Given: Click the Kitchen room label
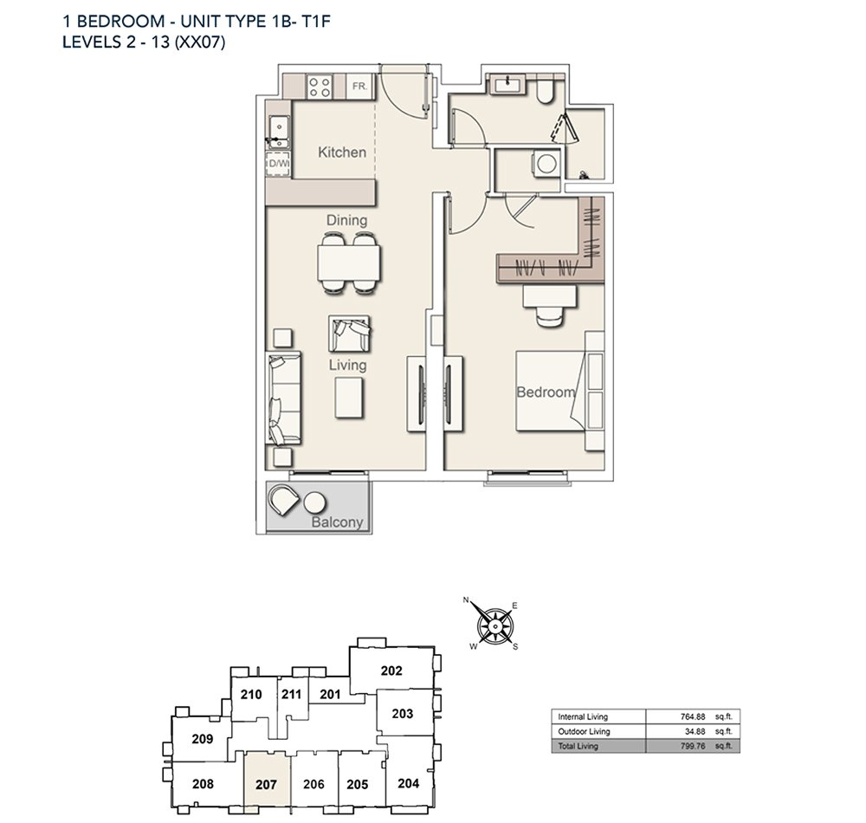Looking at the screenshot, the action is (x=342, y=152).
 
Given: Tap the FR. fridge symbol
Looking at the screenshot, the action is (x=359, y=87).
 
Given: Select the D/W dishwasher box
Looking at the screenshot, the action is (x=278, y=164).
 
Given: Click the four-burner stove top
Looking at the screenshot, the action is (x=320, y=87).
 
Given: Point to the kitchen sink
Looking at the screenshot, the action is (x=279, y=132).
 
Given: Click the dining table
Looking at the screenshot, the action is (x=349, y=262).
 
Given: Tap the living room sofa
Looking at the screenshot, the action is (x=284, y=398).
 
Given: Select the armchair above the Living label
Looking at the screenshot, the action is (x=349, y=334).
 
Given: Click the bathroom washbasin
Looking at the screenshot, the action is (x=505, y=84).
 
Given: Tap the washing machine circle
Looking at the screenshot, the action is (x=546, y=164).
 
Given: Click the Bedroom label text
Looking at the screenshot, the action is (x=546, y=392).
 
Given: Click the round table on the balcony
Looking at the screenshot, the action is (x=315, y=503).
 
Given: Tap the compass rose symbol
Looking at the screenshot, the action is (x=495, y=626).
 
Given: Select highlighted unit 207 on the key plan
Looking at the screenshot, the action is (x=266, y=783).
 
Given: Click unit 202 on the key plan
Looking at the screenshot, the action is (x=391, y=671).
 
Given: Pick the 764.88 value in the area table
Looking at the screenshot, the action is (x=693, y=717).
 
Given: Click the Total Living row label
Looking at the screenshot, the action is (x=578, y=746).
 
